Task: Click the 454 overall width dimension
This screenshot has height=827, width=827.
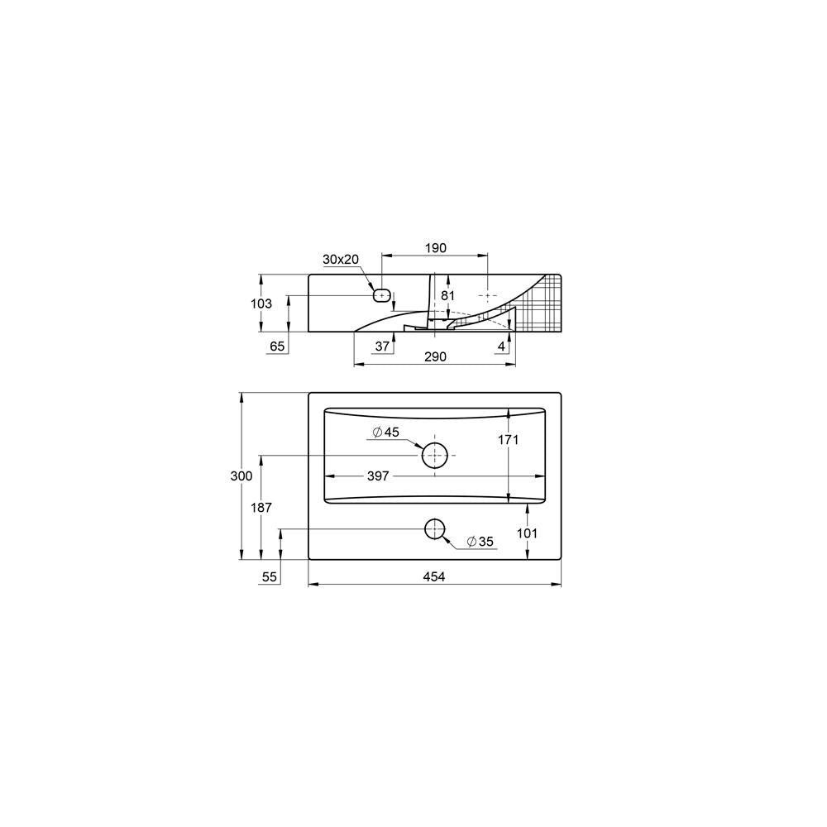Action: click(x=434, y=577)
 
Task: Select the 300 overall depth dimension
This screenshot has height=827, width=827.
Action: click(x=241, y=476)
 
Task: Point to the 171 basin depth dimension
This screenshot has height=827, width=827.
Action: click(x=508, y=440)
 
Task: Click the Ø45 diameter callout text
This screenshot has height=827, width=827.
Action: click(x=386, y=433)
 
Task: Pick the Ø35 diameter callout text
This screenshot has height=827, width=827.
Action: click(x=480, y=542)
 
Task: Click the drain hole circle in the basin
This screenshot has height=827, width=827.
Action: click(x=434, y=455)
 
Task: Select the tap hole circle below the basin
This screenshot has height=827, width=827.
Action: click(x=434, y=528)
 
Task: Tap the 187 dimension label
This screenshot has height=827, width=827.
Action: click(x=261, y=507)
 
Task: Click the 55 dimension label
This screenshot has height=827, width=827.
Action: click(x=269, y=577)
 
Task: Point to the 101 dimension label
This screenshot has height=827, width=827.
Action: click(x=527, y=533)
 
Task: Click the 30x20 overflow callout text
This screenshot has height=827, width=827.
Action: click(x=341, y=260)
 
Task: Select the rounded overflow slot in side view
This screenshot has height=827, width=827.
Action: click(x=382, y=294)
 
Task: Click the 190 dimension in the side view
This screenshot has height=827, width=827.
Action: click(x=436, y=248)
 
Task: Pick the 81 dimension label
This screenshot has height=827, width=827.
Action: click(x=447, y=294)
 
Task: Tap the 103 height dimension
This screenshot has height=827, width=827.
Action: click(x=261, y=304)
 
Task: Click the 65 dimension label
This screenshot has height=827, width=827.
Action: click(x=277, y=347)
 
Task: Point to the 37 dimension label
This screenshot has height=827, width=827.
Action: click(x=382, y=347)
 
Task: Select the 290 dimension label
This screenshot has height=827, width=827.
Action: click(x=436, y=356)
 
